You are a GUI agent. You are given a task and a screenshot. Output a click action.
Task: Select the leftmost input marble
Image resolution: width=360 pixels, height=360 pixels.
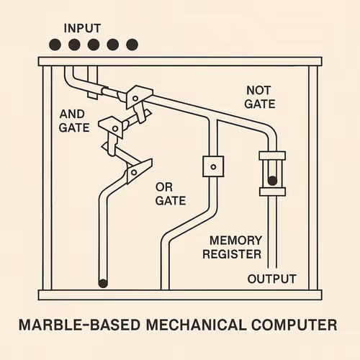coord(55,45)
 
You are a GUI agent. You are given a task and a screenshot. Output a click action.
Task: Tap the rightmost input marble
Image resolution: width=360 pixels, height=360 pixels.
coord(131,45)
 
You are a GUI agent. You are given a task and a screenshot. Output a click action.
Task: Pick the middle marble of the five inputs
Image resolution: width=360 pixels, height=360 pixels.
coord(93,45)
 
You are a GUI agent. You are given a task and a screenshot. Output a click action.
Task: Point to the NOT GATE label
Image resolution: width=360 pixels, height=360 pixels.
coord(260,97)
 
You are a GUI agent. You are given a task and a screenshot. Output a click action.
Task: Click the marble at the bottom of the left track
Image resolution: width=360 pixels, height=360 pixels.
coord(103,282)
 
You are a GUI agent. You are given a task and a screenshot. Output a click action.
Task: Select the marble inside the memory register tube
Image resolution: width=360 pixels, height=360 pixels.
coord(272,181)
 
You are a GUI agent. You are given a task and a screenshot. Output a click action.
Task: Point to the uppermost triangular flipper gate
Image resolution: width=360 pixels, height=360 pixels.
coord(138,94)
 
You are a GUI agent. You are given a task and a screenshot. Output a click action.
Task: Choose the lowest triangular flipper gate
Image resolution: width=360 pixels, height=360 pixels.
coord(135,172)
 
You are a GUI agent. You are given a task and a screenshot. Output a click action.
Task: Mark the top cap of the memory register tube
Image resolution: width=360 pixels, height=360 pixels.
coord(272,156)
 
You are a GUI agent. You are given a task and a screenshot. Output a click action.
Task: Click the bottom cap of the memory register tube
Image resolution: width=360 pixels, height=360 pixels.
coord(272,192)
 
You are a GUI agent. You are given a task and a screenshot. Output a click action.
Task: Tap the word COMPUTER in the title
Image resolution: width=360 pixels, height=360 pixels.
coord(293,325)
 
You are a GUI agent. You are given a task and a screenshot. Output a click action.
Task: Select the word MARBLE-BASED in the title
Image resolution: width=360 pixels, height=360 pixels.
coord(76,325)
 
